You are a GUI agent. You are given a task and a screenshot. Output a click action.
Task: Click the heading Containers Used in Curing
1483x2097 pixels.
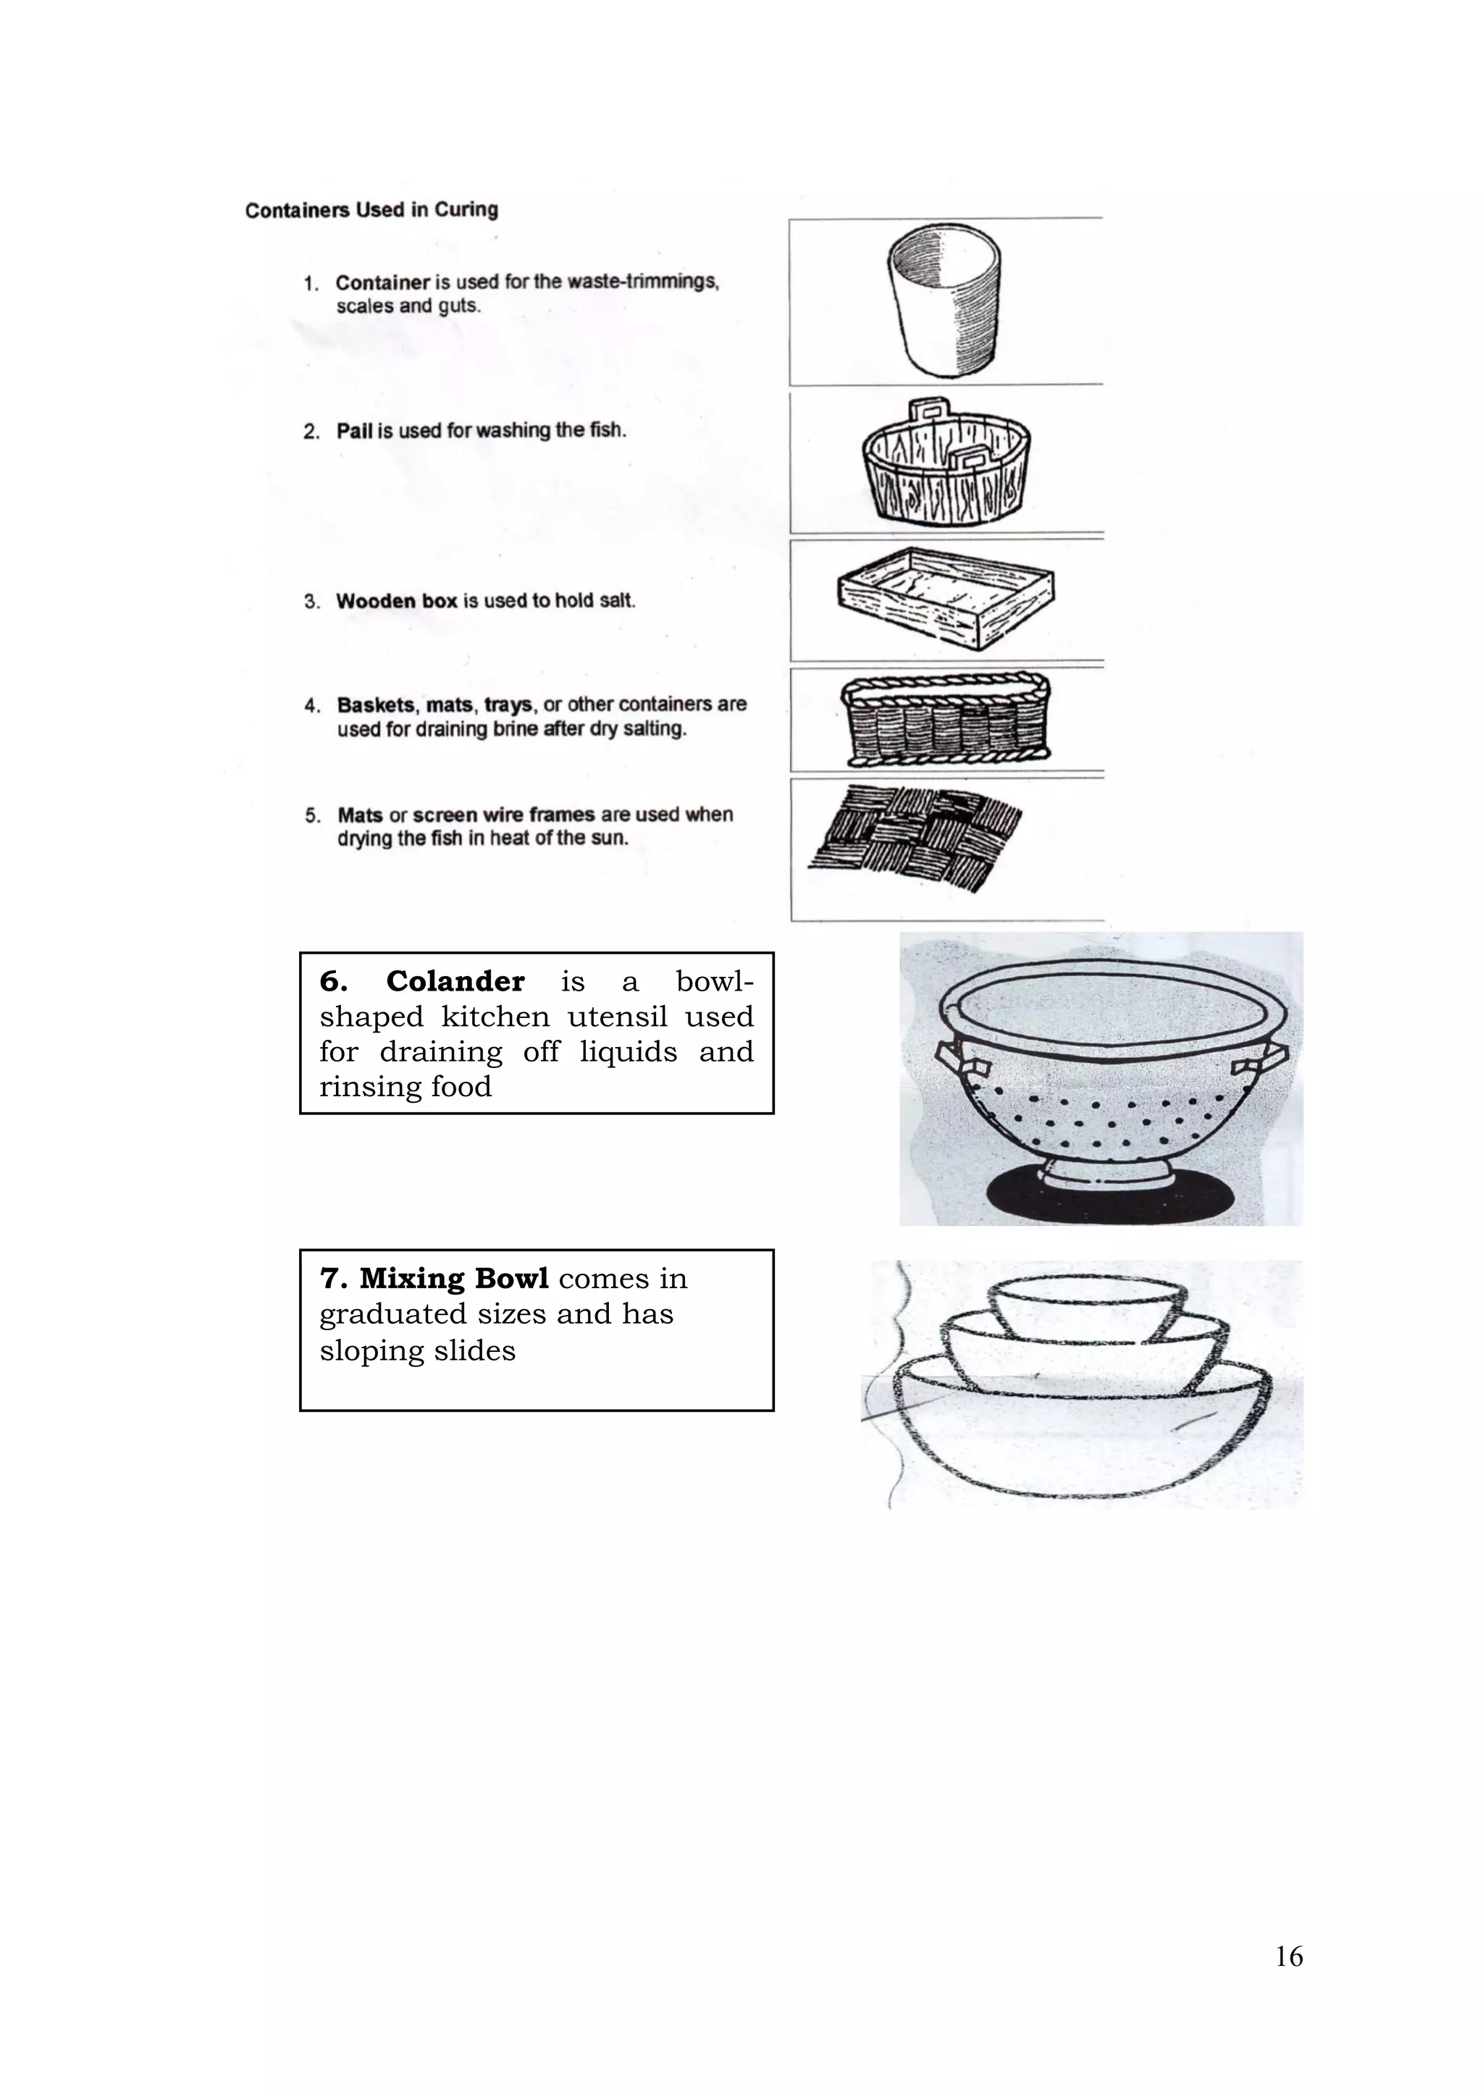pos(371,210)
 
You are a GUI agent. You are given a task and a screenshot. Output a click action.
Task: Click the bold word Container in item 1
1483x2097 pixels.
pos(382,283)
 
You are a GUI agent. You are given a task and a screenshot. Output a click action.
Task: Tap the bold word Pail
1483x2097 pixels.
pos(354,431)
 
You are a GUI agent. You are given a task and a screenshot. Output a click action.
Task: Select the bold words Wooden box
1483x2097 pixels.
pos(396,601)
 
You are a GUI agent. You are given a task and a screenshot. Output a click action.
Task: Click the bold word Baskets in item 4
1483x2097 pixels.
pos(377,705)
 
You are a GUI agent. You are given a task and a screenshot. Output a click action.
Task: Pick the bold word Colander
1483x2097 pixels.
pos(455,981)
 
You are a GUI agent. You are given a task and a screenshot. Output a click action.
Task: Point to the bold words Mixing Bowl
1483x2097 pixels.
pos(455,1279)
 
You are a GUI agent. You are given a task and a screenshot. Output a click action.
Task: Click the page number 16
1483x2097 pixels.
pos(1288,1957)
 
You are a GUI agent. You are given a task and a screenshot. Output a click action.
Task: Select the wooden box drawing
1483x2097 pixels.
pos(945,598)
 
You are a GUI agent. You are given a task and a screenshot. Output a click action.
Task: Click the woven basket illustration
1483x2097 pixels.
pos(945,720)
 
